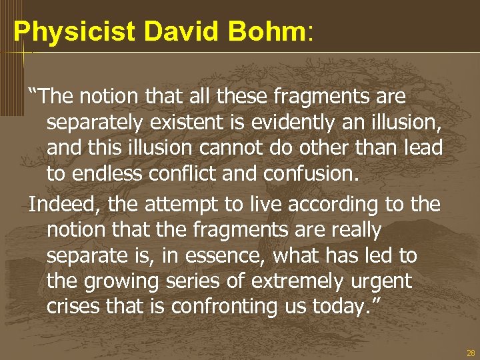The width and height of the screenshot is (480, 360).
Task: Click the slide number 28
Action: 471,353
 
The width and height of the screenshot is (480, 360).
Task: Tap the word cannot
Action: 239,149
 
